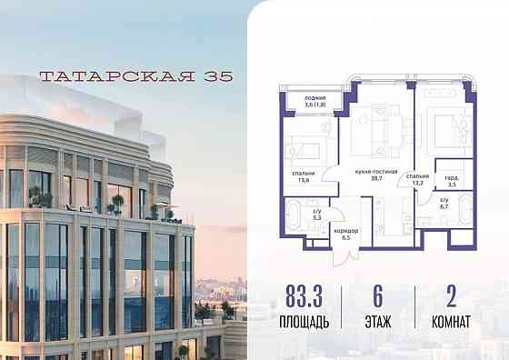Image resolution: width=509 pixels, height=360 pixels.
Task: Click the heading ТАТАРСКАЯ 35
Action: click(125, 77)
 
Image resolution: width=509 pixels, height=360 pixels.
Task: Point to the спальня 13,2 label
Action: click(418, 178)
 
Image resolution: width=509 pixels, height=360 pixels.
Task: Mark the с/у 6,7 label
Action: click(444, 205)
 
